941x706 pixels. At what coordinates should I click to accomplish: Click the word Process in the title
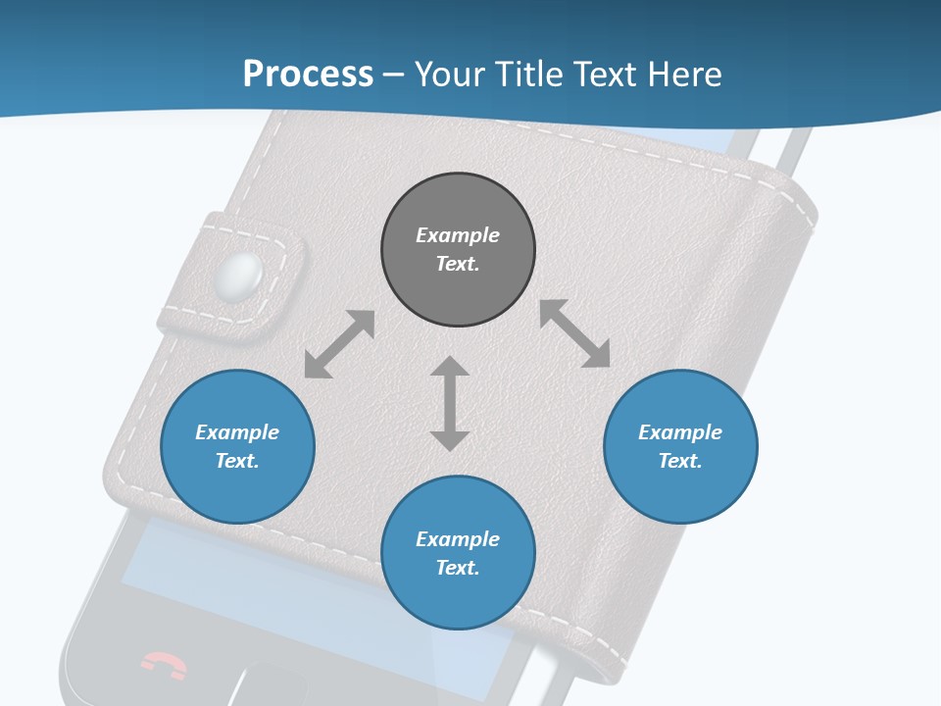(308, 75)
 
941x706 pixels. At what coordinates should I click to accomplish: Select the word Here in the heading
(684, 75)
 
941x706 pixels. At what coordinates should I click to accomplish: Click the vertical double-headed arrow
(450, 403)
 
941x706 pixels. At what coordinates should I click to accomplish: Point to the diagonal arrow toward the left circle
(339, 344)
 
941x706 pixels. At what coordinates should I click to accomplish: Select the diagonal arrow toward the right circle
(574, 333)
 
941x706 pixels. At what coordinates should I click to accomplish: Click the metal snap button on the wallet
(242, 276)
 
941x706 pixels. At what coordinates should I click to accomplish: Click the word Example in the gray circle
(458, 235)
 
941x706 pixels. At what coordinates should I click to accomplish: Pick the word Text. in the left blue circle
(237, 461)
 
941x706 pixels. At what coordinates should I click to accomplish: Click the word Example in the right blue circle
(680, 432)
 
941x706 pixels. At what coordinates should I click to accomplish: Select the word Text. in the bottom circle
(458, 568)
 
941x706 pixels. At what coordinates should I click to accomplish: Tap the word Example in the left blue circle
(237, 432)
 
